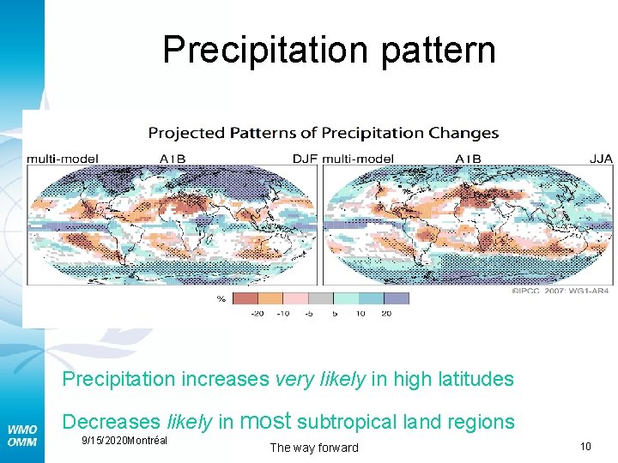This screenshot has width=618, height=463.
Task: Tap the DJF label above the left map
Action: [x=305, y=158]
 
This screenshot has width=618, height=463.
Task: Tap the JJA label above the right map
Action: [x=601, y=158]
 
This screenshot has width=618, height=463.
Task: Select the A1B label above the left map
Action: [x=173, y=158]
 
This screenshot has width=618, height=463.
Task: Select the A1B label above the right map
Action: [x=468, y=158]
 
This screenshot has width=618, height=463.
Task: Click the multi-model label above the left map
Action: [x=63, y=158]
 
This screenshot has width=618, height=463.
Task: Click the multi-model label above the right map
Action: [x=358, y=158]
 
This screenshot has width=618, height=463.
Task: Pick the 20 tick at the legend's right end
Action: [x=386, y=314]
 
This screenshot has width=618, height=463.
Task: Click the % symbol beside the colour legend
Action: [x=221, y=299]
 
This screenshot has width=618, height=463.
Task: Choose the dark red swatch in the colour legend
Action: [x=245, y=298]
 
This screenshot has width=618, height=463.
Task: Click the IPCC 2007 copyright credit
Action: [x=560, y=291]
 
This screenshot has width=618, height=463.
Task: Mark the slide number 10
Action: [x=585, y=446]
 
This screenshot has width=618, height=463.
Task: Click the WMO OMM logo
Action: [x=22, y=435]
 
